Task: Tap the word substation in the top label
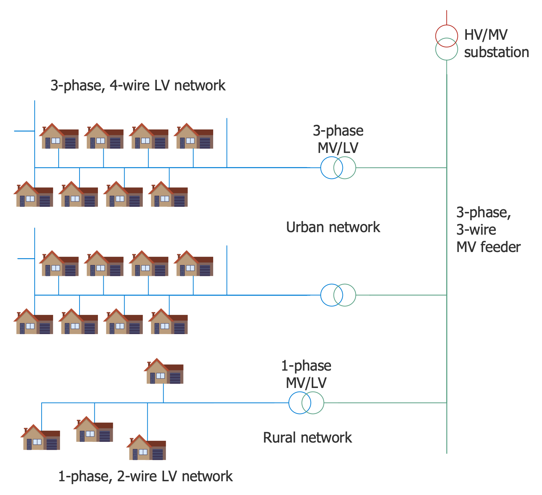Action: [x=496, y=52]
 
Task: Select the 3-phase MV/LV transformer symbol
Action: [x=338, y=168]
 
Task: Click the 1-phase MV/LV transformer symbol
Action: [x=306, y=403]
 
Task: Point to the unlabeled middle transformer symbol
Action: [x=338, y=295]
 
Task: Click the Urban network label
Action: [x=333, y=227]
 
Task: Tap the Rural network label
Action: [x=307, y=438]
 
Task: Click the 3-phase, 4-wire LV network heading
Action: [x=138, y=86]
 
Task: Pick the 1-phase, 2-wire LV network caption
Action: [x=145, y=477]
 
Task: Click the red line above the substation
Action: [x=447, y=17]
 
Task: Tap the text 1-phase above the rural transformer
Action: [x=306, y=366]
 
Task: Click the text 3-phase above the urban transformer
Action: [x=338, y=131]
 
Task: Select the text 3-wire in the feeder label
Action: [x=476, y=230]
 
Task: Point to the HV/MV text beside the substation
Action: [x=486, y=35]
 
